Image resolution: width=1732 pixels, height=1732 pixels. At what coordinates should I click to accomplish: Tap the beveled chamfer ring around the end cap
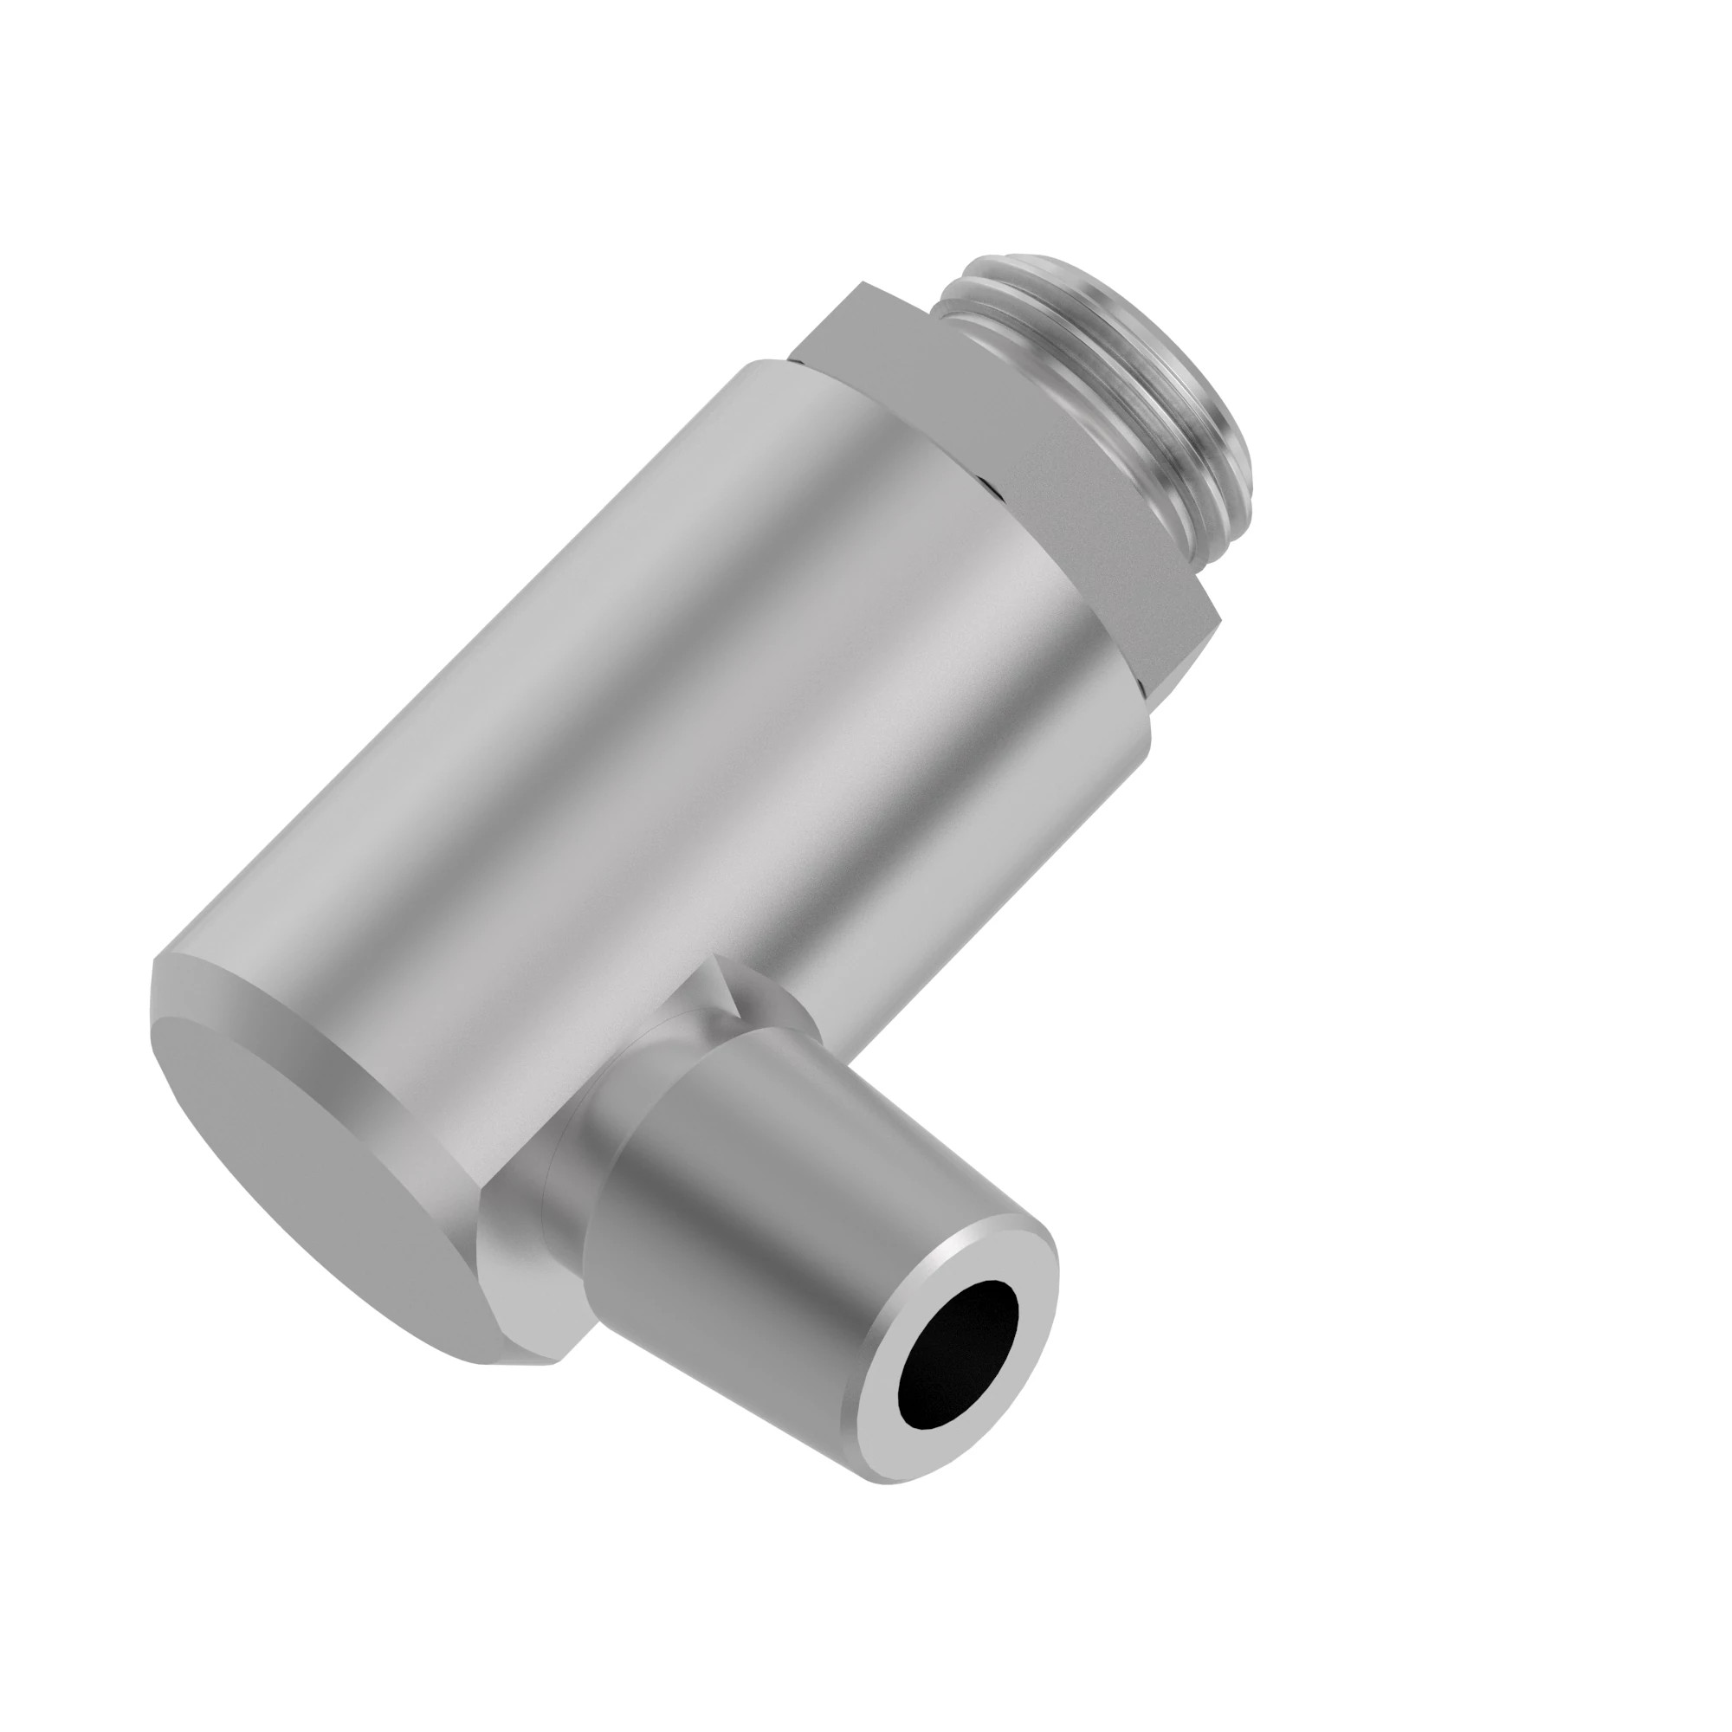click(x=269, y=1004)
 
